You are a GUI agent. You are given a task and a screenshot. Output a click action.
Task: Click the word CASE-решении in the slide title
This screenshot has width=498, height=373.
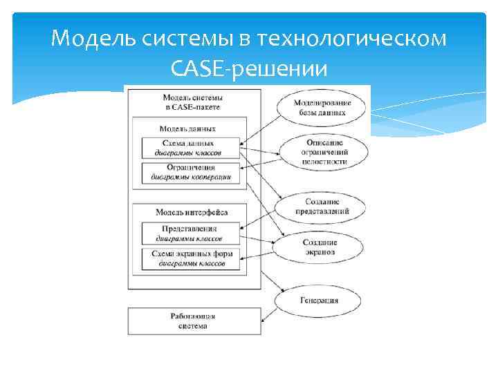point(249,68)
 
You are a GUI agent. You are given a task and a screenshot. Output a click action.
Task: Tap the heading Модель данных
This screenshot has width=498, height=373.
point(187,128)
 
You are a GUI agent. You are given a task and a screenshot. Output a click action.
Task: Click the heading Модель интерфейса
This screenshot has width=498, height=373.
point(192,212)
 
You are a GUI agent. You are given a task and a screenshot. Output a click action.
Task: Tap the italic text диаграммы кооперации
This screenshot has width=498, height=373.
point(191,177)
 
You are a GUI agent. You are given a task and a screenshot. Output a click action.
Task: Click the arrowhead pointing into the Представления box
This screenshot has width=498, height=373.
point(241,229)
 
